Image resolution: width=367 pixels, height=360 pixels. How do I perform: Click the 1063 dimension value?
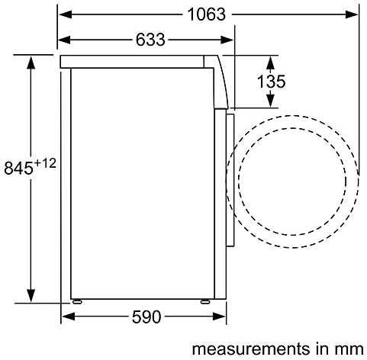[206, 14]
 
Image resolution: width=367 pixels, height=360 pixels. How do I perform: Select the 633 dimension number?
[150, 40]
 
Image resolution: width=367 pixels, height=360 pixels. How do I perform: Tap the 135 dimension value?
[271, 82]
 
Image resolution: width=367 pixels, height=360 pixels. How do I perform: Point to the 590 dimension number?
[146, 317]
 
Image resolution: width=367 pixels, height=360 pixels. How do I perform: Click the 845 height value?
[18, 168]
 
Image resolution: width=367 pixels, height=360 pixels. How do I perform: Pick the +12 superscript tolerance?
[45, 163]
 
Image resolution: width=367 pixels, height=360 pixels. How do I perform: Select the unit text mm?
[350, 350]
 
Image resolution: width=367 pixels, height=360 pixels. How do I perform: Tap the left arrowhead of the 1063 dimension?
[66, 14]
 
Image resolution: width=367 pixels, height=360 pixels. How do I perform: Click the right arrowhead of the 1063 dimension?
[352, 14]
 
